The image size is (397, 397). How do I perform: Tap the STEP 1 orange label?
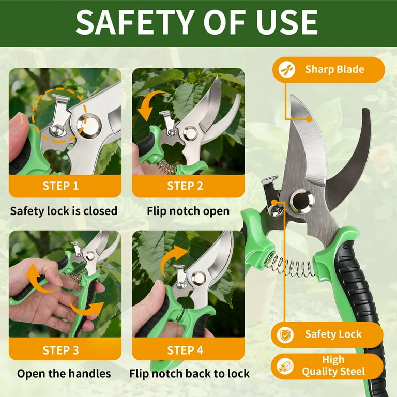pyautogui.click(x=61, y=186)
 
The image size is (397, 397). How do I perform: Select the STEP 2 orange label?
pyautogui.click(x=185, y=186)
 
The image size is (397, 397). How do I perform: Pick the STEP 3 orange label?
pyautogui.click(x=61, y=350)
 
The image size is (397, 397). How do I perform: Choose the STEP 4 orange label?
pyautogui.click(x=185, y=350)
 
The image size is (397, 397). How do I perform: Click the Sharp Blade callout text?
pyautogui.click(x=334, y=69)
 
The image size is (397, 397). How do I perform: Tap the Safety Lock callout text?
pyautogui.click(x=333, y=334)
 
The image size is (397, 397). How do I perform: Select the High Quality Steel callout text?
pyautogui.click(x=333, y=365)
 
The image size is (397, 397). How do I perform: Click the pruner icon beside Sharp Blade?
pyautogui.click(x=287, y=69)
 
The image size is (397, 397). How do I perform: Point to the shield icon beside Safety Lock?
pyautogui.click(x=285, y=335)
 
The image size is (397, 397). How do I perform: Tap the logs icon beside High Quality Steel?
pyautogui.click(x=285, y=366)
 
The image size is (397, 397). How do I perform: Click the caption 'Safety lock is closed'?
pyautogui.click(x=64, y=211)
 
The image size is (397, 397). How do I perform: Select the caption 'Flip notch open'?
pyautogui.click(x=188, y=211)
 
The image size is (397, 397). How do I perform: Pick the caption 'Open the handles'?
pyautogui.click(x=64, y=374)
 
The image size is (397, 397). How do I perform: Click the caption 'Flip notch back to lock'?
pyautogui.click(x=189, y=374)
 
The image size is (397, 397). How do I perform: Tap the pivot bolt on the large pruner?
pyautogui.click(x=302, y=201)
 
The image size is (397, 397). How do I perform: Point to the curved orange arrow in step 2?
pyautogui.click(x=149, y=104)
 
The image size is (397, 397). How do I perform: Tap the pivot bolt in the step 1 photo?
pyautogui.click(x=89, y=126)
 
